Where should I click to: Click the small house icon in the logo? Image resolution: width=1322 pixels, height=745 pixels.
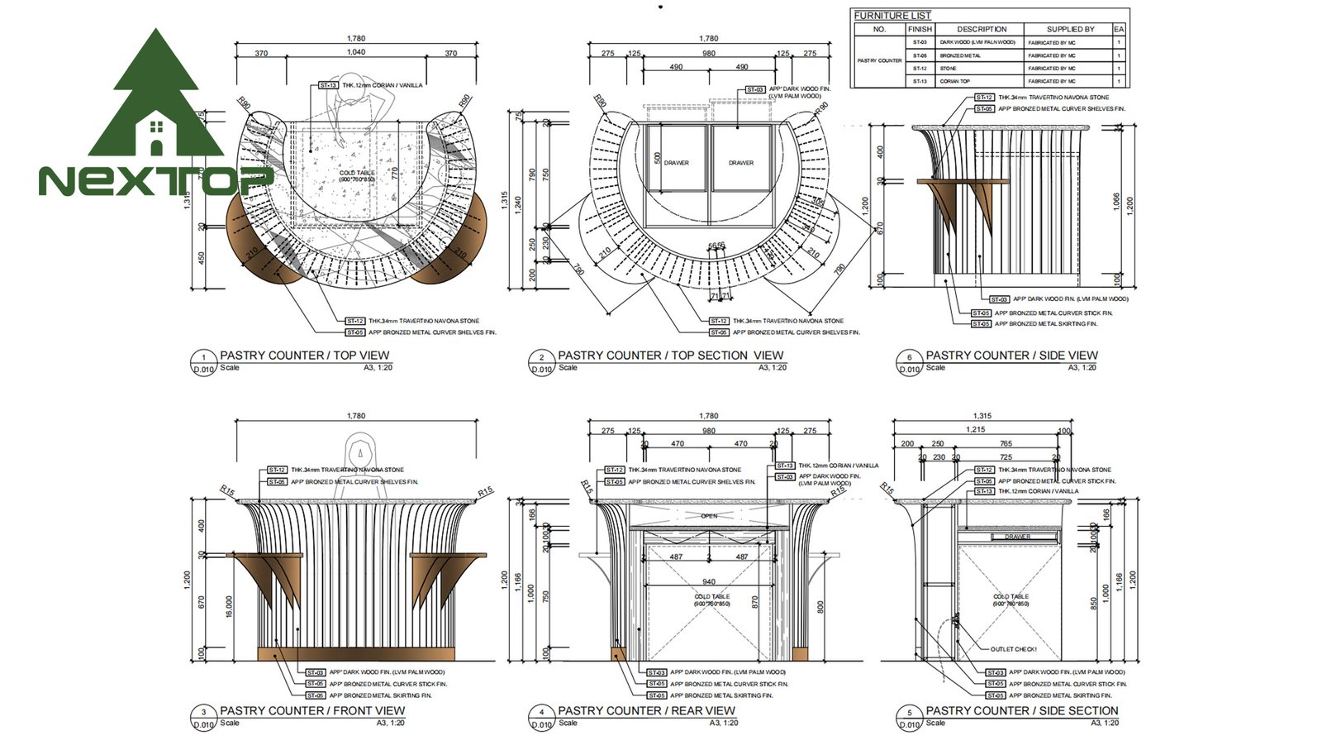pos(155,136)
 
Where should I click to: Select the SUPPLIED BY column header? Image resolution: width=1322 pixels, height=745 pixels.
pos(1070,29)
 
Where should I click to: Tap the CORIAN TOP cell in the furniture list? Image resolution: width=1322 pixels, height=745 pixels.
pos(953,82)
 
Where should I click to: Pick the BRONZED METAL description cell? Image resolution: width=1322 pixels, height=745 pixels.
pos(960,55)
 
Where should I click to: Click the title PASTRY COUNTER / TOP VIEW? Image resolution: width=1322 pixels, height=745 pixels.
pos(304,356)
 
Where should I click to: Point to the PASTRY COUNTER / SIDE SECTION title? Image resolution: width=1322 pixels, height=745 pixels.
pos(1021,710)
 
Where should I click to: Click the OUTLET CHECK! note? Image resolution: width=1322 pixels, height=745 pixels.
pos(1013,649)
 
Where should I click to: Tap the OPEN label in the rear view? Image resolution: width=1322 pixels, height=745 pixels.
pos(709,516)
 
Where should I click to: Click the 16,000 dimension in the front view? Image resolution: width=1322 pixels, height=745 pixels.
pos(229,606)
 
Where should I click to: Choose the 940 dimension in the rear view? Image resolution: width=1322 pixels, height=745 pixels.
pos(709,582)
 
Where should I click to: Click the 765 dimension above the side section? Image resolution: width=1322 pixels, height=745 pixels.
pos(1006,444)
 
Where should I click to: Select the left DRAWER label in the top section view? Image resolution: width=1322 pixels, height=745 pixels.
pos(676,163)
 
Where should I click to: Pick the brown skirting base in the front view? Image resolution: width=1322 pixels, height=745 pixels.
pos(356,654)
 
